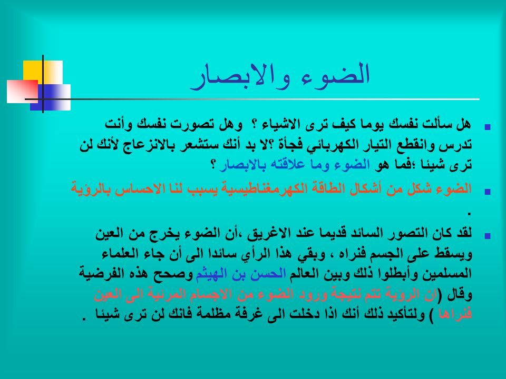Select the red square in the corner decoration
(22, 91)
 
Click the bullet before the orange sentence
(488, 192)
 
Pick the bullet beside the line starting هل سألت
(488, 127)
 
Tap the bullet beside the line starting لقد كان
(488, 236)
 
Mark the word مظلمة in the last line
(216, 314)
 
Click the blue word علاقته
(285, 165)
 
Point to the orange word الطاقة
(327, 188)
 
